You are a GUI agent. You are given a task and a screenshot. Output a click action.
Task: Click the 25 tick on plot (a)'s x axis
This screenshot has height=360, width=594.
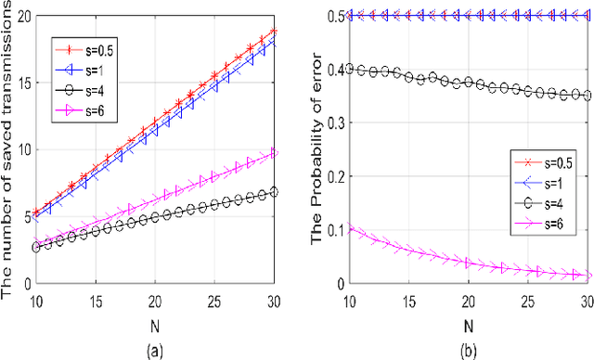tap(215, 302)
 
